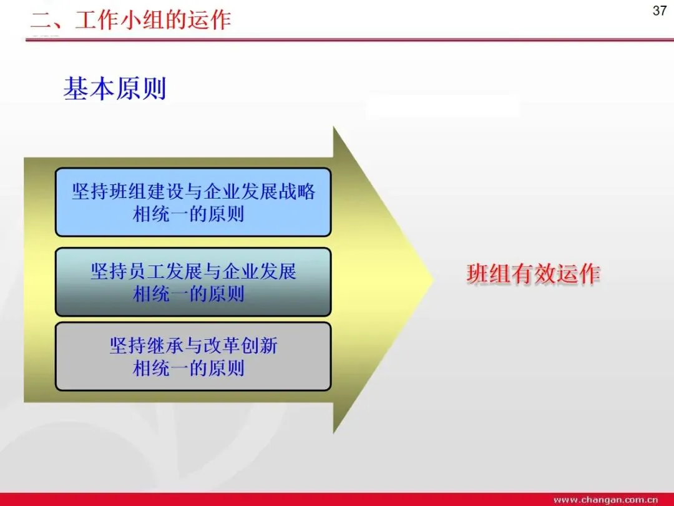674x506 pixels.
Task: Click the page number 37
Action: (x=660, y=11)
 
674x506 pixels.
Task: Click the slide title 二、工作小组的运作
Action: (x=131, y=20)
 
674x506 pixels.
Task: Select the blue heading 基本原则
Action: (x=115, y=89)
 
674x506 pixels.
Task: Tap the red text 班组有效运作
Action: (x=534, y=274)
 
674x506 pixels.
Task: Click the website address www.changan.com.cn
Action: (x=605, y=500)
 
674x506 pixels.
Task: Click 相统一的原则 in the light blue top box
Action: (x=188, y=214)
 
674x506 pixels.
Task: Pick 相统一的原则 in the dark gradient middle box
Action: (x=188, y=294)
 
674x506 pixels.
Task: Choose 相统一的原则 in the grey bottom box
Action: (x=188, y=369)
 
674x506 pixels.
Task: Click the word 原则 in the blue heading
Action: (x=140, y=89)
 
